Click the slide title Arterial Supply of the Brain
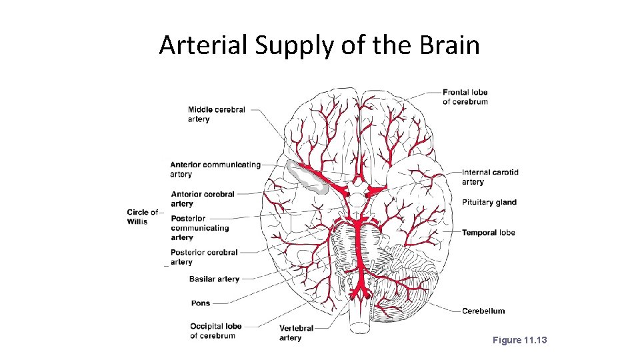click(319, 45)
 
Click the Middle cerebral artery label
click(216, 115)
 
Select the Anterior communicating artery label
click(215, 169)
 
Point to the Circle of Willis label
click(143, 217)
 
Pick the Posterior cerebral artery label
click(203, 257)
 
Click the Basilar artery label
click(213, 279)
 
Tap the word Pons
click(200, 303)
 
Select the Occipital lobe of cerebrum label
click(215, 331)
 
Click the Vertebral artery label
click(296, 333)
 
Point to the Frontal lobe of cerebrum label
click(465, 97)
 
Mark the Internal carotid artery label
click(489, 177)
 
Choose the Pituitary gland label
click(489, 203)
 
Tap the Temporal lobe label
click(488, 233)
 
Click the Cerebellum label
click(483, 311)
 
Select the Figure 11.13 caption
click(519, 341)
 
